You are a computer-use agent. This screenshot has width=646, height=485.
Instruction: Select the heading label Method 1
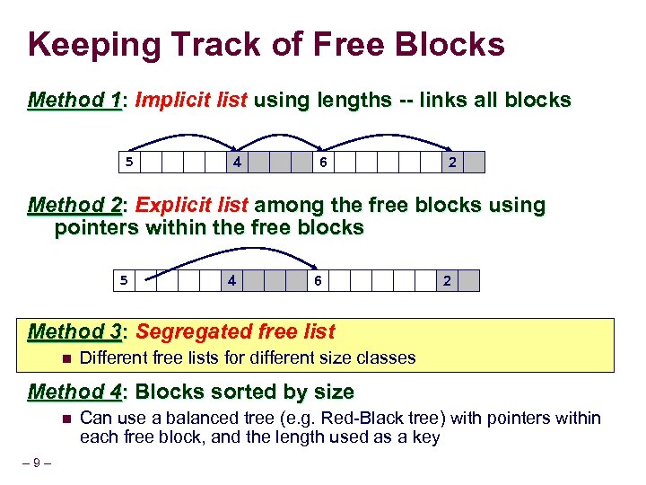pos(75,100)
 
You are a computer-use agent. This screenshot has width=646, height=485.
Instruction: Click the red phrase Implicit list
pos(191,100)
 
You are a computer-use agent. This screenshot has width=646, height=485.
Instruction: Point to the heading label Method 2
pos(75,206)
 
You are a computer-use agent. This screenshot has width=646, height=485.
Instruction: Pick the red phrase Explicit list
pos(192,206)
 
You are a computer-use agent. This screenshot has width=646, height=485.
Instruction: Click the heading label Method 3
pos(75,331)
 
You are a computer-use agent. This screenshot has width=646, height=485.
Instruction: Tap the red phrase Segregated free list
pos(235,331)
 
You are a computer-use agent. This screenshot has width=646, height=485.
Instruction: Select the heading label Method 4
pos(75,392)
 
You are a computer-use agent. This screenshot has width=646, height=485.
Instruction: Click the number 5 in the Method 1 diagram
pos(128,163)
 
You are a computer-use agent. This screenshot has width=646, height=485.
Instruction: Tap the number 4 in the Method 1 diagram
pos(236,163)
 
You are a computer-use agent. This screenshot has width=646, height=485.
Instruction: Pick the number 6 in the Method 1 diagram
pos(322,163)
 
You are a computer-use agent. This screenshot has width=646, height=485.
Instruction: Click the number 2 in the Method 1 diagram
pos(452,163)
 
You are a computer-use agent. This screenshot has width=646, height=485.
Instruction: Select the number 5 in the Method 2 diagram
pos(125,281)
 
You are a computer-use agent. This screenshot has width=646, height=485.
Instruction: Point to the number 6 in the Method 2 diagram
pos(318,281)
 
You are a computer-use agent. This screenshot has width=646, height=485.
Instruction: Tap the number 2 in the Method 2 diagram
pos(448,281)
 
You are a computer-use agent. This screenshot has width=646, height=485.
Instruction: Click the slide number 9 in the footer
pos(36,463)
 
